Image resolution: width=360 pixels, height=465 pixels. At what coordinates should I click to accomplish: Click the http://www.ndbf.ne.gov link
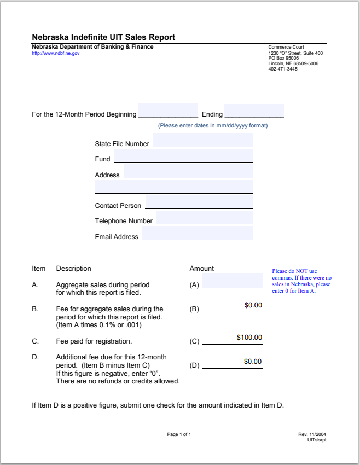pos(56,53)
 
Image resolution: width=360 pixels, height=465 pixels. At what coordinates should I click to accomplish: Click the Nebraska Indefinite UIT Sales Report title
pos(103,37)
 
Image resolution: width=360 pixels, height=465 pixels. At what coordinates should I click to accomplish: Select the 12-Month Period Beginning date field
pos(168,111)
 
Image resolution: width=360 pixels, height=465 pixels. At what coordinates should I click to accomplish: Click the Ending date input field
pos(254,111)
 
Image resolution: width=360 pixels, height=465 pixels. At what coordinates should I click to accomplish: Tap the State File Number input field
pos(202,141)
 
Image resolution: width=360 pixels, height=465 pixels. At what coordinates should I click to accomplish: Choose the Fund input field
pos(183,156)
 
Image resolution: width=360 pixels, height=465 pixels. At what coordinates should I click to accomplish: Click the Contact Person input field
pos(199,203)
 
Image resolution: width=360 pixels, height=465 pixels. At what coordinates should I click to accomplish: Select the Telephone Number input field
pos(204,218)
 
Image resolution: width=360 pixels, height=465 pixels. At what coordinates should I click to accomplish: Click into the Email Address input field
pos(197,234)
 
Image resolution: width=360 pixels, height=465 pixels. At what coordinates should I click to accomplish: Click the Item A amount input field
pos(233,281)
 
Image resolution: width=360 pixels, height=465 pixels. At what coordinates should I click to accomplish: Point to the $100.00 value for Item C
pos(249,338)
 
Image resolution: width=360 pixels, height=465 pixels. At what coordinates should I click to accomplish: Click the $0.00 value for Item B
pos(253,305)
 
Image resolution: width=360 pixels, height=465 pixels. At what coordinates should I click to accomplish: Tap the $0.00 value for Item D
pos(253,362)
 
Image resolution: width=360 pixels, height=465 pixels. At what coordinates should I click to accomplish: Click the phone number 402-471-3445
pos(283,69)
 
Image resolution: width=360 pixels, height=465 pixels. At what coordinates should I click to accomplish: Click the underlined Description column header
pos(73,269)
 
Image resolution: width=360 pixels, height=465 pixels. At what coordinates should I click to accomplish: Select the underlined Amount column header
pos(201,269)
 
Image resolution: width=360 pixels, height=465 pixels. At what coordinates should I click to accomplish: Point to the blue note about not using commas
pos(301,281)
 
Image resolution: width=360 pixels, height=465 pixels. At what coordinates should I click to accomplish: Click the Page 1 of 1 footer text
pos(179,434)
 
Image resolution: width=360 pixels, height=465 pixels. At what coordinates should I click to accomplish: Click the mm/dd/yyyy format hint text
pos(213,126)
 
